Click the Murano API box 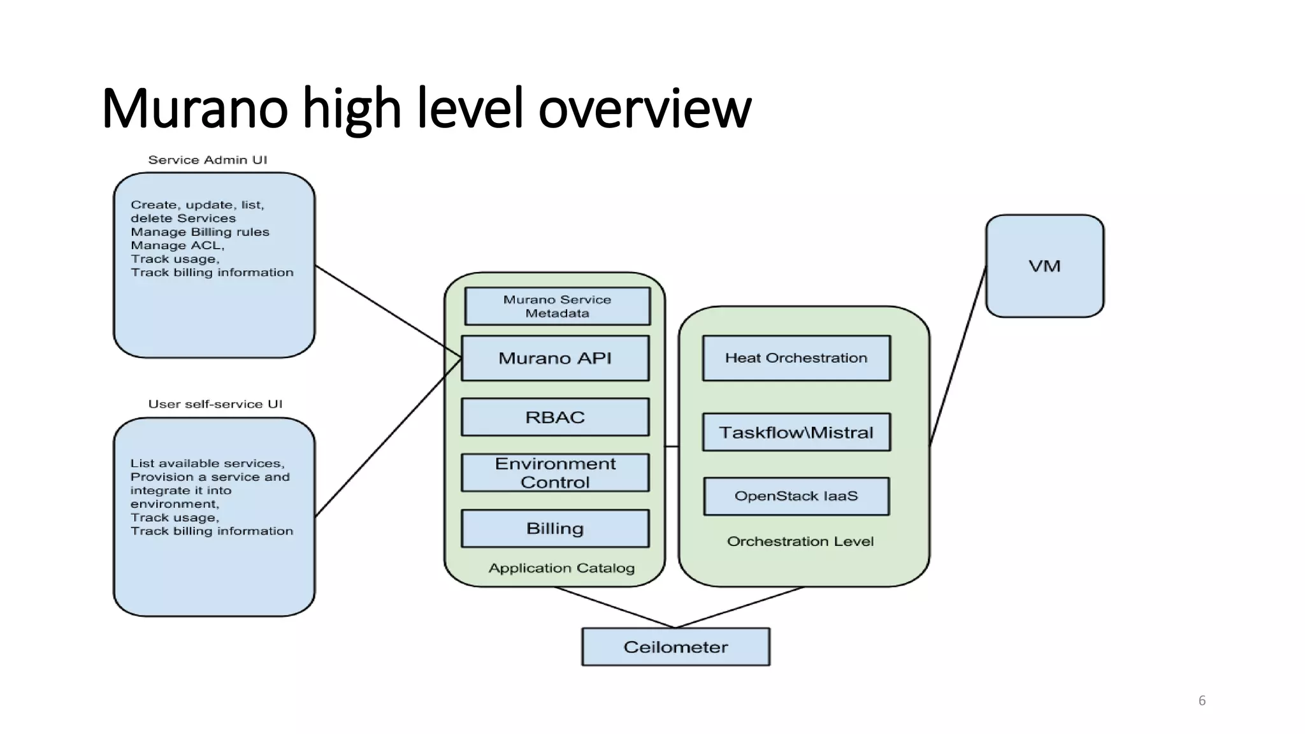[x=555, y=358]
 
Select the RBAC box [x=555, y=417]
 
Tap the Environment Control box [x=555, y=473]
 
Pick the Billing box [x=555, y=528]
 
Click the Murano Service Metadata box [x=557, y=306]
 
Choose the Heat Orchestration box [x=796, y=358]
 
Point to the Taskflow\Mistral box [x=796, y=433]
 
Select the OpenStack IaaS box [x=796, y=496]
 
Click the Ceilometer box [x=675, y=647]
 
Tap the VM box [x=1044, y=266]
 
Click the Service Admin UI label [x=208, y=160]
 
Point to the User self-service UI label [x=215, y=404]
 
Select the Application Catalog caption [x=561, y=568]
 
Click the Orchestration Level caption [x=800, y=541]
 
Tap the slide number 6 [x=1202, y=700]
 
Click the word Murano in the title [x=194, y=108]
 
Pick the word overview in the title [x=644, y=108]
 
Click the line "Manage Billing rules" [x=200, y=232]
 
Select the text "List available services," [x=207, y=463]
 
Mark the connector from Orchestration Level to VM [x=958, y=357]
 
